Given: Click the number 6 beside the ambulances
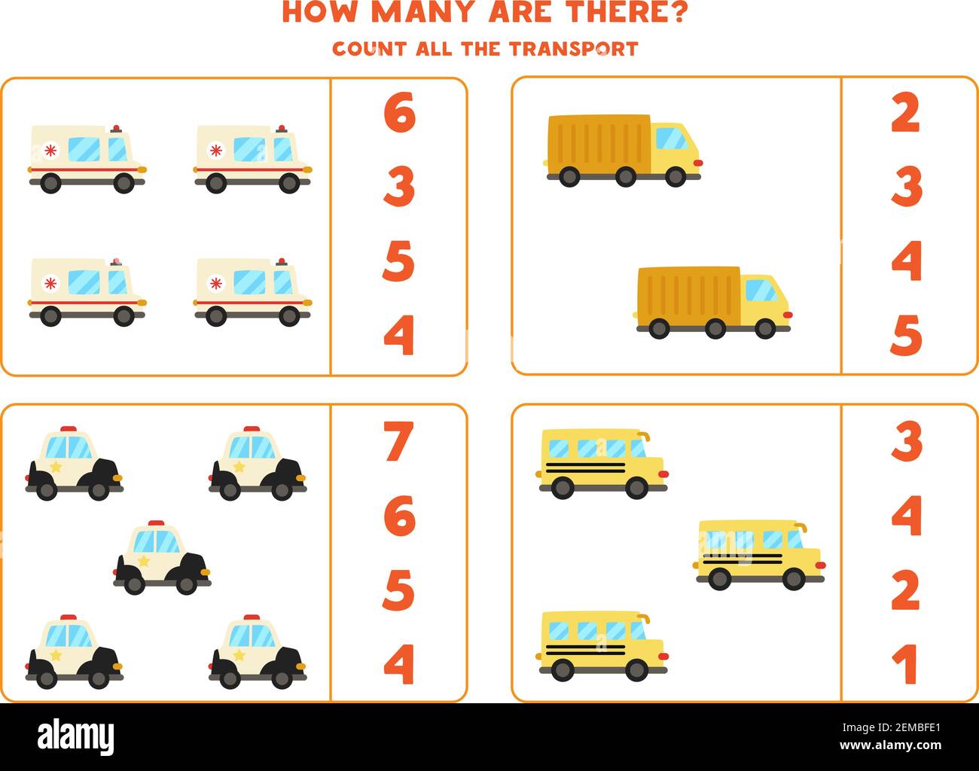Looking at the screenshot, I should [399, 113].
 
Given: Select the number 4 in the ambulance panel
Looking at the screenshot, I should [399, 335].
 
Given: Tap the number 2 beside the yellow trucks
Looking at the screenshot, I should [906, 113].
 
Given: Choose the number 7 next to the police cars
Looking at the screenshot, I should [399, 442].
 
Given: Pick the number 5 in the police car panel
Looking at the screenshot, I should [399, 590].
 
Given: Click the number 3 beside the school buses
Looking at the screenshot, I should [907, 442].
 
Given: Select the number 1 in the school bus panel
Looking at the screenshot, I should [907, 663].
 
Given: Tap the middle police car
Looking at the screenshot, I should [162, 558].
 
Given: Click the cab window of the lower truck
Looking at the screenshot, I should [761, 290].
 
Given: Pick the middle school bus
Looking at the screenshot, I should [759, 554].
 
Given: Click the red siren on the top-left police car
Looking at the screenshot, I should [69, 428].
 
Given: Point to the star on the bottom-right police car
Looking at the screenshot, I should [239, 655].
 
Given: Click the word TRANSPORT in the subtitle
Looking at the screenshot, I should [573, 49].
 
